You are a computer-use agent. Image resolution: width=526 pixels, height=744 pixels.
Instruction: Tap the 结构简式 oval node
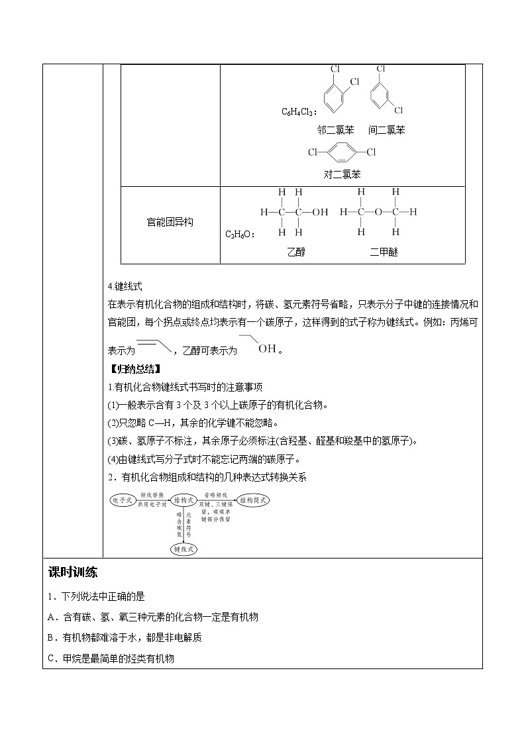pyautogui.click(x=254, y=501)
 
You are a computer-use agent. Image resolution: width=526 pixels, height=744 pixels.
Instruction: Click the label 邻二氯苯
pyautogui.click(x=335, y=130)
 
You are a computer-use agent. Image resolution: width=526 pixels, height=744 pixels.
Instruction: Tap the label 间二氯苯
pyautogui.click(x=387, y=130)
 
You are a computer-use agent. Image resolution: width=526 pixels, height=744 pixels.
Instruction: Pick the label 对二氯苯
pyautogui.click(x=342, y=174)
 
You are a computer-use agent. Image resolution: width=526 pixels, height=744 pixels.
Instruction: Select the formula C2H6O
pyautogui.click(x=240, y=234)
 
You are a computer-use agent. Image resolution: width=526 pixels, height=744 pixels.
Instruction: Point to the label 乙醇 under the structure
pyautogui.click(x=296, y=252)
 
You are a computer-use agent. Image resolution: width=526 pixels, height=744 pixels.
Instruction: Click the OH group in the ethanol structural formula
pyautogui.click(x=320, y=213)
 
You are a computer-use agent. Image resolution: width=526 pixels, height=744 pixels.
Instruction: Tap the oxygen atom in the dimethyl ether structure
pyautogui.click(x=378, y=213)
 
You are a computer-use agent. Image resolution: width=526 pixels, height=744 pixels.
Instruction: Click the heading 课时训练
pyautogui.click(x=74, y=572)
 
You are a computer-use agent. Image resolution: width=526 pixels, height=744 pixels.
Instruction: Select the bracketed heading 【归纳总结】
pyautogui.click(x=134, y=368)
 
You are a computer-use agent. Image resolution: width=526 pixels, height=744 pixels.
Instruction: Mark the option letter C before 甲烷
pyautogui.click(x=52, y=658)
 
